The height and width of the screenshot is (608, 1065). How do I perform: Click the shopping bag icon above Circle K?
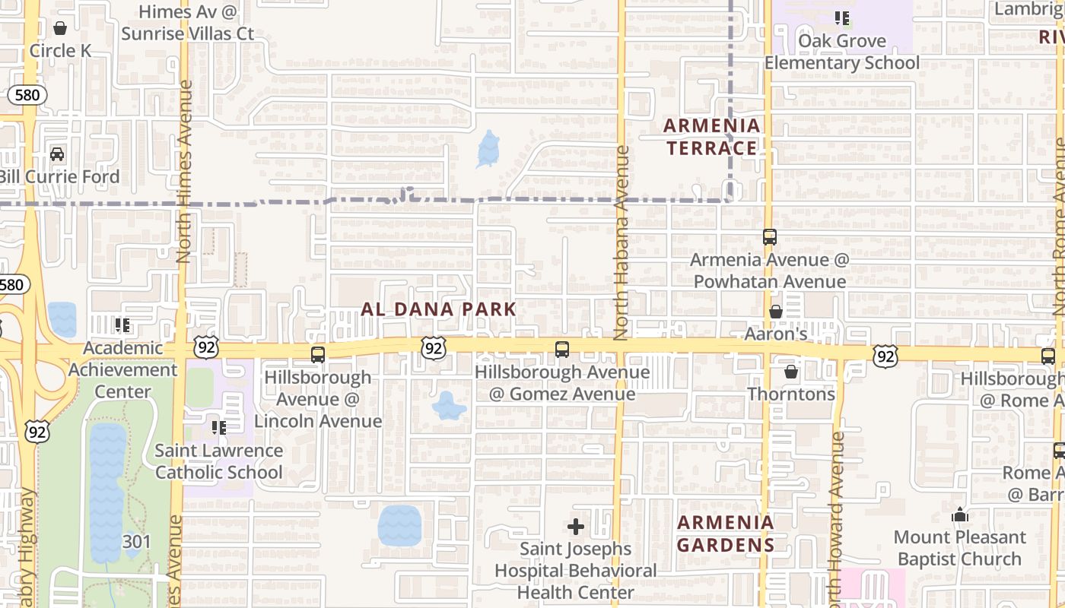click(x=60, y=28)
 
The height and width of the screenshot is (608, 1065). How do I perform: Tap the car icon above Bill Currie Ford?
click(x=57, y=154)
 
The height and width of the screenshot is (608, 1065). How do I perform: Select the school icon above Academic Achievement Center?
click(x=122, y=325)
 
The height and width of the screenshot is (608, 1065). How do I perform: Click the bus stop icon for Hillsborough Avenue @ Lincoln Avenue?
click(x=318, y=355)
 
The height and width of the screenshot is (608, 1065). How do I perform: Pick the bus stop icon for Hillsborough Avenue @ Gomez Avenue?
click(x=562, y=350)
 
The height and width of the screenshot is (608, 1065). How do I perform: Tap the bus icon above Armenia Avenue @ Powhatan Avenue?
click(x=770, y=237)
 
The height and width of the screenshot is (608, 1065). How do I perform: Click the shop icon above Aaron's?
click(x=776, y=312)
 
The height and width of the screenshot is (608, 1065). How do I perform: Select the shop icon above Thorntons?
click(x=791, y=372)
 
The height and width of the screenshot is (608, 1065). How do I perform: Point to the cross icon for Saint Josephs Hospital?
click(x=576, y=526)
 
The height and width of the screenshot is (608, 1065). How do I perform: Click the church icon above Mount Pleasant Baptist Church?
click(x=959, y=515)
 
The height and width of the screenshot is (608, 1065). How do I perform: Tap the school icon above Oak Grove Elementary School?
click(x=841, y=18)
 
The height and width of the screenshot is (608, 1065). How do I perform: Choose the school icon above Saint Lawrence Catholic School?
click(x=219, y=428)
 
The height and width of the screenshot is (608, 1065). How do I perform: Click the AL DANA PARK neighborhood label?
click(x=439, y=309)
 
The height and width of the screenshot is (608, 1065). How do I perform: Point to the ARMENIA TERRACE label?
click(x=711, y=137)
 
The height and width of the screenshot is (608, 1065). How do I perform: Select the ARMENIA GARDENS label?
click(x=726, y=534)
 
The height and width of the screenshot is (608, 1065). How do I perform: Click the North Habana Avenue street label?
click(x=622, y=243)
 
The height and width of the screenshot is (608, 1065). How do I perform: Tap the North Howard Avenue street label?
click(x=838, y=517)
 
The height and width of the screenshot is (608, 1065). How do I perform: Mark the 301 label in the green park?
click(x=137, y=542)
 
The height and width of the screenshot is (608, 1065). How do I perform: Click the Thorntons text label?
click(x=791, y=394)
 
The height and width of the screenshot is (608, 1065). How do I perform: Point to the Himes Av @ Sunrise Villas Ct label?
click(x=188, y=23)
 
